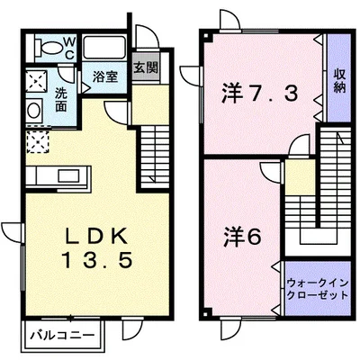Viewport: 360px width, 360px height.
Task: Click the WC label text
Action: (x=67, y=45)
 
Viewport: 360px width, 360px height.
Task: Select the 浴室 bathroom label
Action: (x=104, y=76)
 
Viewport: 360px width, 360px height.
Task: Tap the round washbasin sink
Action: (x=33, y=110)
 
